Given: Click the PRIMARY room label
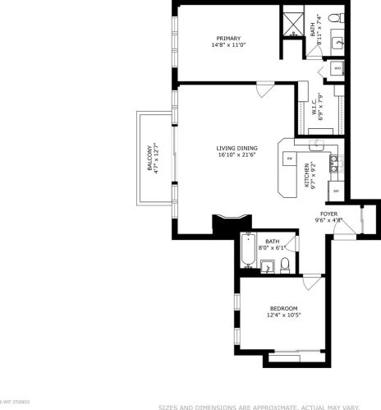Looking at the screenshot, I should point(228,39).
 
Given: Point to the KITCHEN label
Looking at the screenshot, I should point(306,176).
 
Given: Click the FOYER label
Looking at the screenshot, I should point(328,214).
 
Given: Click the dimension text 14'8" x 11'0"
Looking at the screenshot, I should point(228,47).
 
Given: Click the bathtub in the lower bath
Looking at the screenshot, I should point(247,251).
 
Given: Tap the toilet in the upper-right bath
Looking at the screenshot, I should point(333,18).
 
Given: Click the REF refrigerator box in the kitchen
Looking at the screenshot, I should point(335,191).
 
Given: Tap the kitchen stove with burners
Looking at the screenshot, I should point(334,167).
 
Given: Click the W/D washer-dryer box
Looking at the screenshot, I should point(337,68).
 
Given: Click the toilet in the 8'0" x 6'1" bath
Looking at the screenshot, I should point(284,264).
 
